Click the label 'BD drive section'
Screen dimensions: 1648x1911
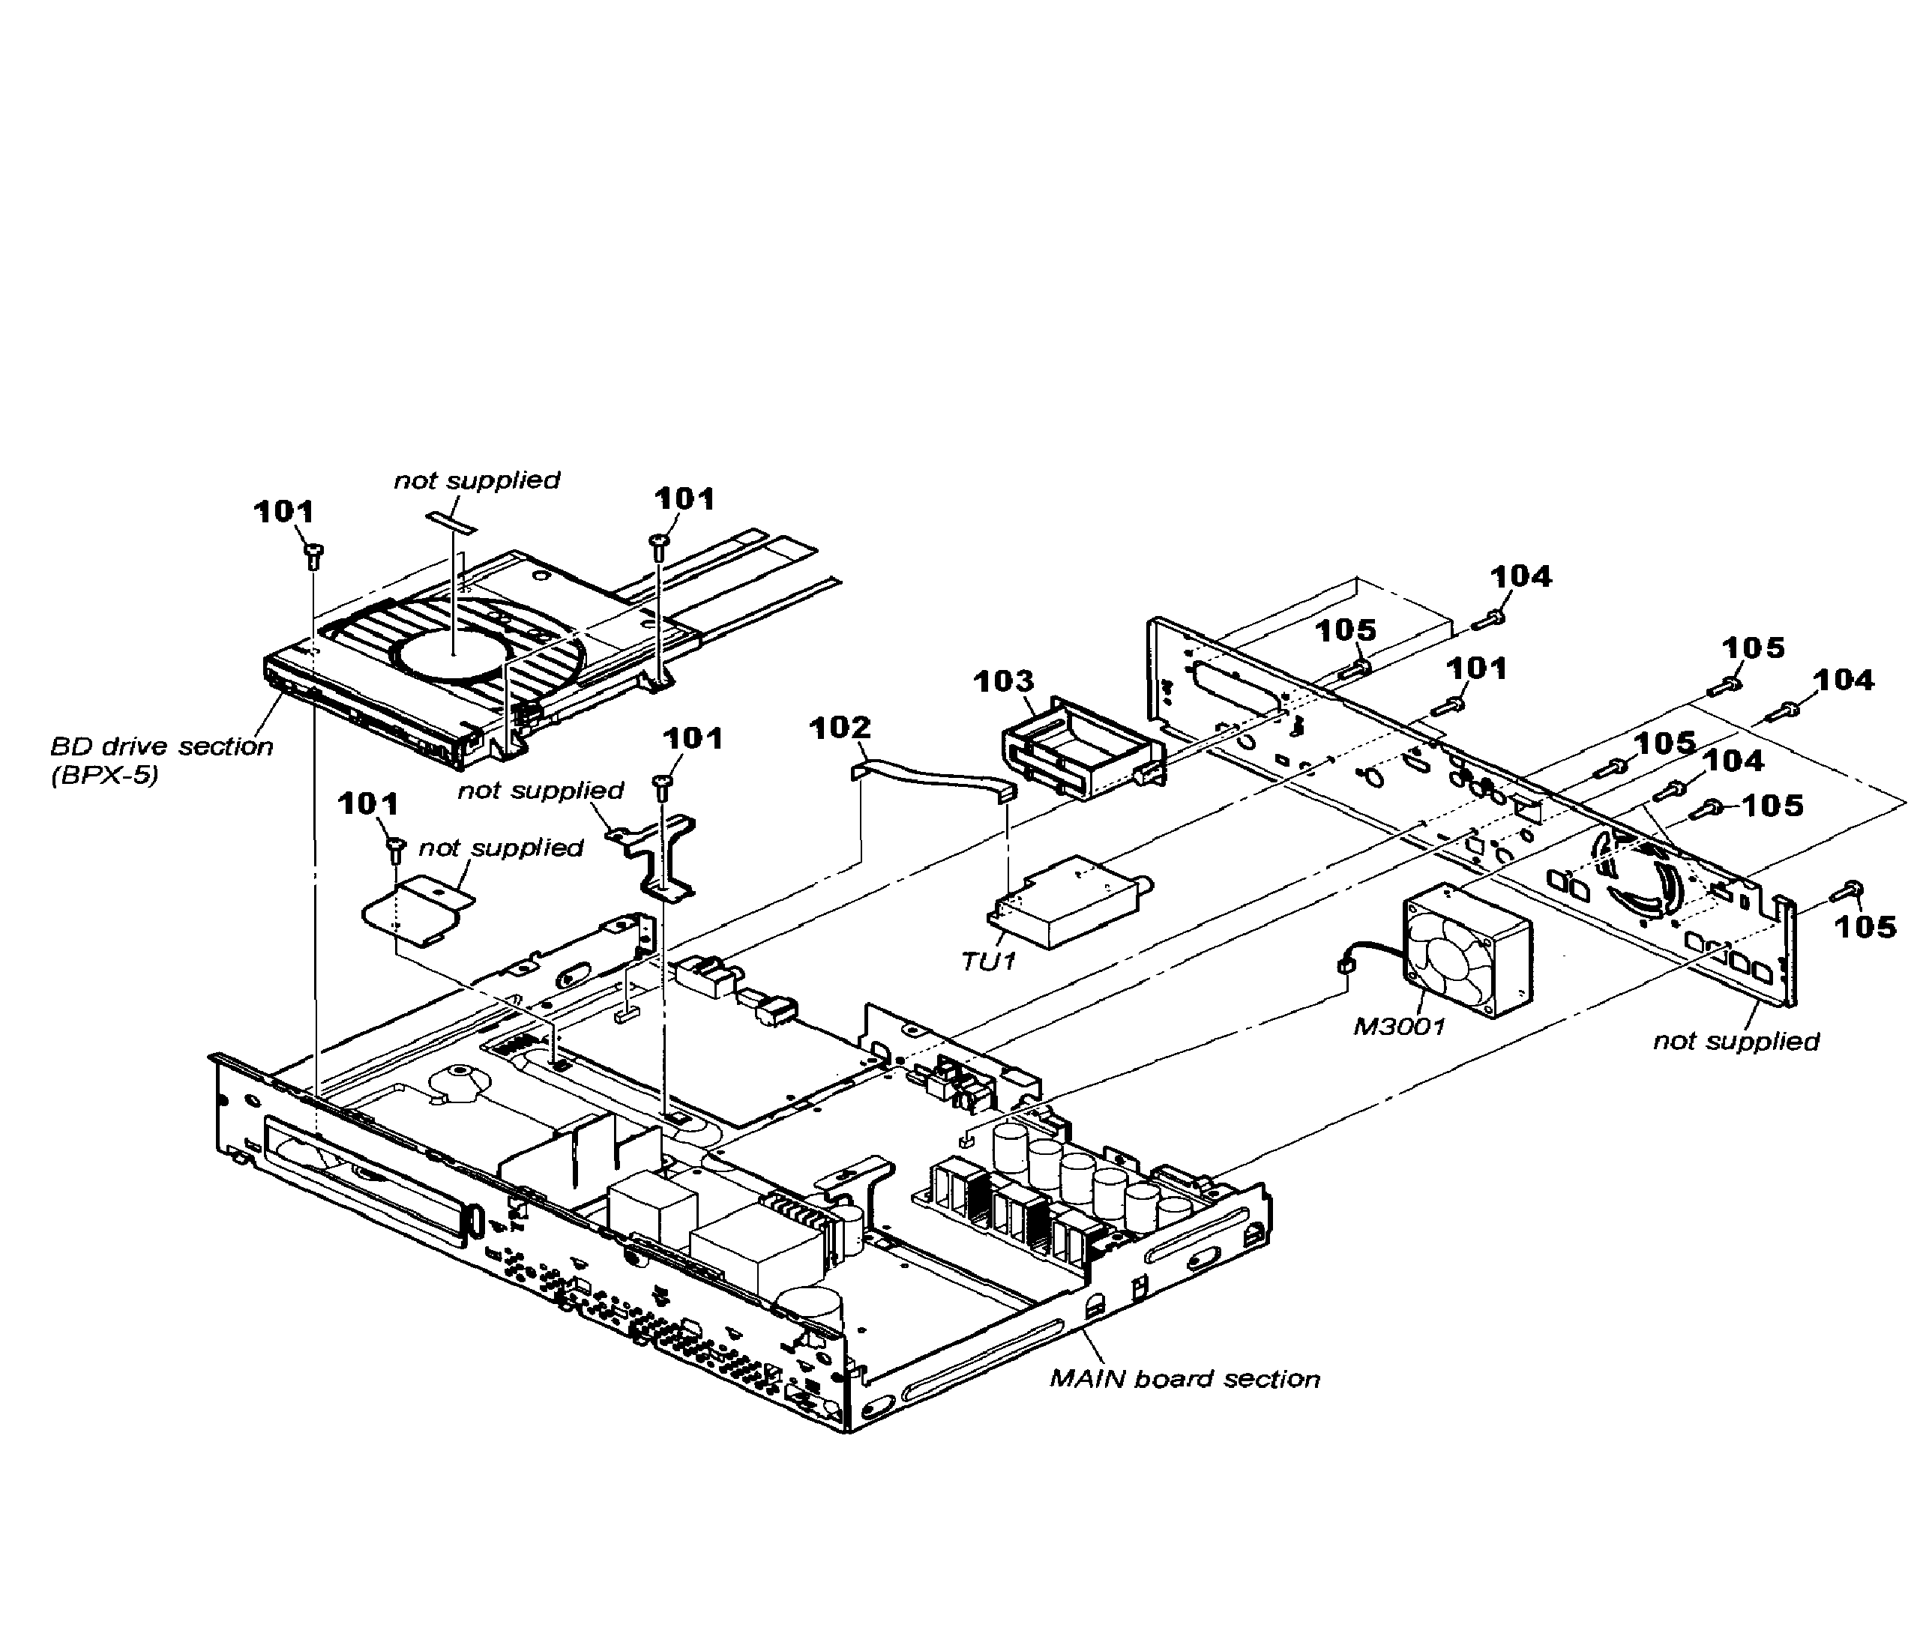pos(161,746)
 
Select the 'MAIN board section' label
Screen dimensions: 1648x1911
pos(1185,1379)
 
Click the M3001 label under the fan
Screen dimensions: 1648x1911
pos(1398,1025)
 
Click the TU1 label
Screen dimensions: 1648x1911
pos(988,961)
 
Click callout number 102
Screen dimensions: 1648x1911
pos(840,728)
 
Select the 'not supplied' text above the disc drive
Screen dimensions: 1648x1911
pos(477,480)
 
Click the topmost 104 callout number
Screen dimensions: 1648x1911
pos(1521,576)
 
